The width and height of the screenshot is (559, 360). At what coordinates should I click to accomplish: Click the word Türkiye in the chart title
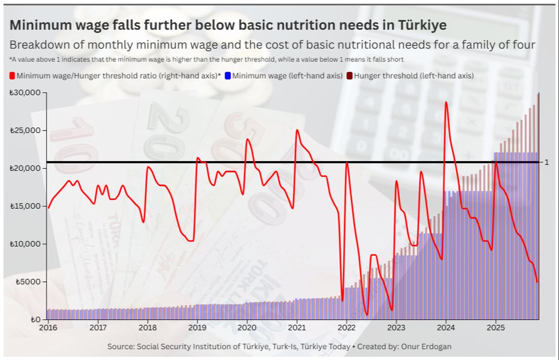(422, 25)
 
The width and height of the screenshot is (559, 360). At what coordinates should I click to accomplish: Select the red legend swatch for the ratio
(12, 76)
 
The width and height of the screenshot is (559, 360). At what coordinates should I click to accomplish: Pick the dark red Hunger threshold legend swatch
(350, 76)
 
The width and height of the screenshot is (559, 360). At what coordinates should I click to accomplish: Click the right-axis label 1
(546, 162)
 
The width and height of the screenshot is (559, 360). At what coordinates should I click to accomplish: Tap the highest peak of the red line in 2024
(446, 102)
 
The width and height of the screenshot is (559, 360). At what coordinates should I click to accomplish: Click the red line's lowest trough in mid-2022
(367, 315)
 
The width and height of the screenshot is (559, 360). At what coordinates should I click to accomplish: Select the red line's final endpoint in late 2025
(537, 282)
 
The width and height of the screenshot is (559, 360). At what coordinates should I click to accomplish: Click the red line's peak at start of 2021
(297, 130)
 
